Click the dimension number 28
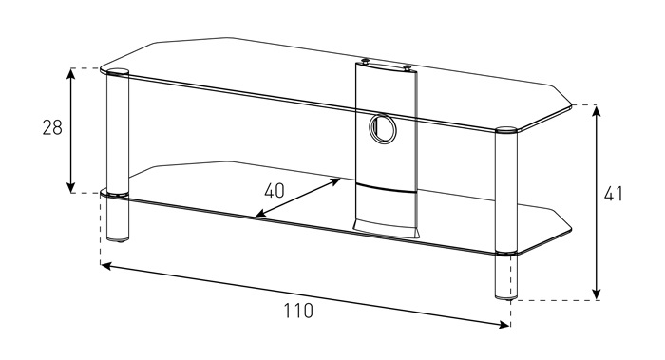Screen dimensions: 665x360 [52, 127]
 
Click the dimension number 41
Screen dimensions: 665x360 [614, 194]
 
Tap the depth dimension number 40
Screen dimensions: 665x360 [274, 191]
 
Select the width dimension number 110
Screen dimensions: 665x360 [298, 311]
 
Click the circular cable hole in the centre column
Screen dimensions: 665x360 [383, 129]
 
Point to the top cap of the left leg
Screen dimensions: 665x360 [118, 71]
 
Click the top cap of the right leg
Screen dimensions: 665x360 [506, 130]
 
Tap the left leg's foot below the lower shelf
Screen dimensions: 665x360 [118, 218]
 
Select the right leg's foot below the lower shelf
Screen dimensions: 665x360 [506, 277]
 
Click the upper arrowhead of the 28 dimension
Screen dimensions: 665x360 [71, 72]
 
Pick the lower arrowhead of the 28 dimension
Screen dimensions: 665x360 [71, 188]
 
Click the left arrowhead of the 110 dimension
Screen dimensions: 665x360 [106, 266]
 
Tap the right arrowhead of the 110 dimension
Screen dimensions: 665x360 [504, 325]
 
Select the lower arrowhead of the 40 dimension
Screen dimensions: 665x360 [260, 214]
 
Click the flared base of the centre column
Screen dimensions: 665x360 [385, 228]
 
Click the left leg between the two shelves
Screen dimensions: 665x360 [118, 135]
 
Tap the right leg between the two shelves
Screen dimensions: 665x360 [506, 193]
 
